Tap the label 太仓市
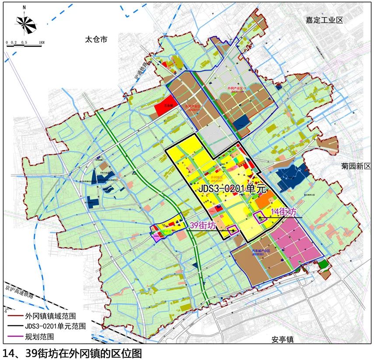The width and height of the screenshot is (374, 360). [x=96, y=39]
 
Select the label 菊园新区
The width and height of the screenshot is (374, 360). [x=356, y=166]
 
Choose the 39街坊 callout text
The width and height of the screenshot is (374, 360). [x=202, y=225]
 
